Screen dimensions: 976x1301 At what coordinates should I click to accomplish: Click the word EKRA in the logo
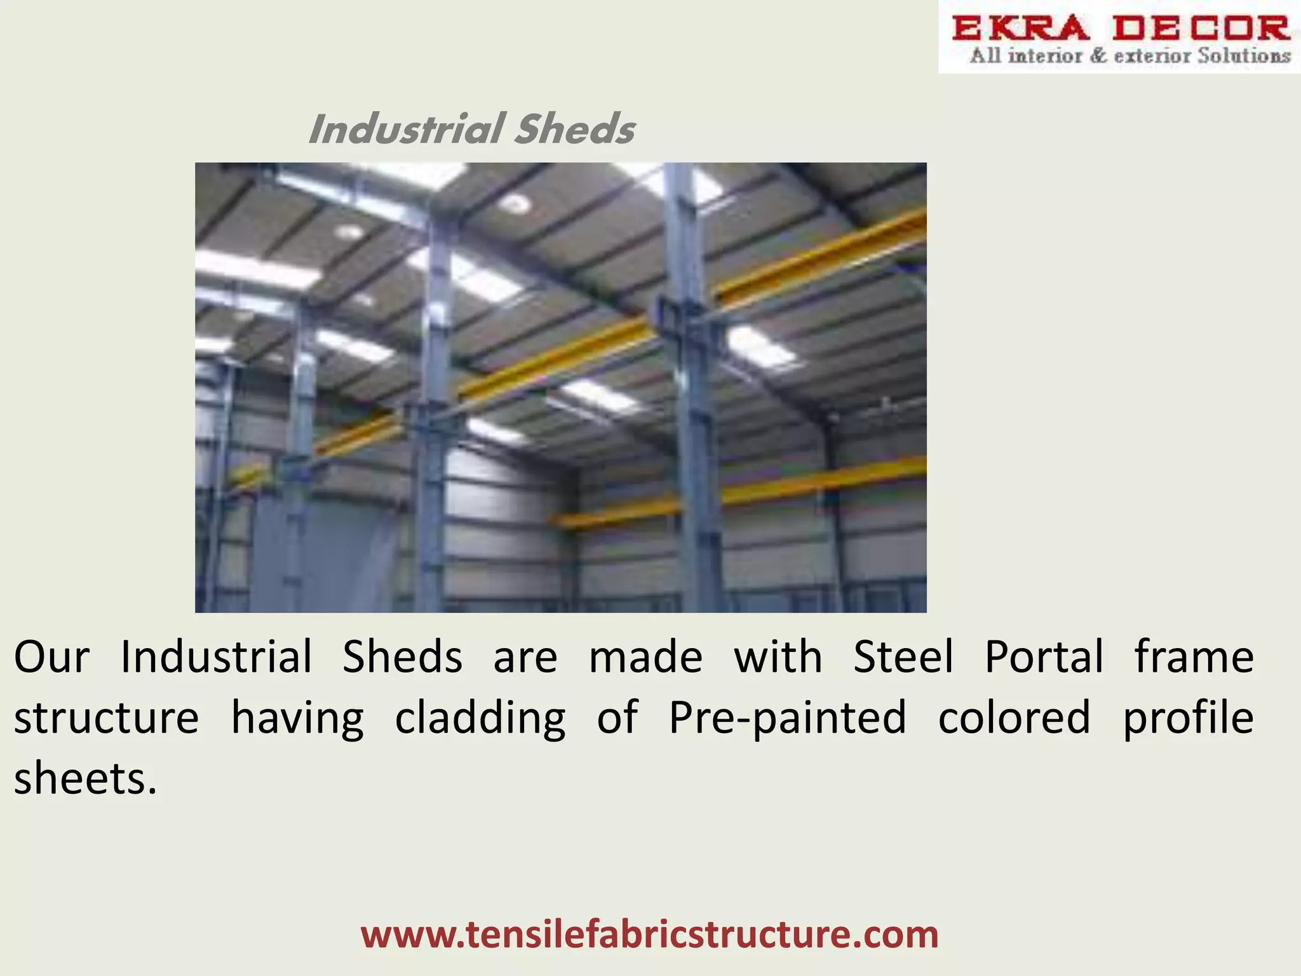click(x=1020, y=29)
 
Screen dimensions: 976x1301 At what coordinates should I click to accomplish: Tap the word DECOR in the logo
click(x=1201, y=29)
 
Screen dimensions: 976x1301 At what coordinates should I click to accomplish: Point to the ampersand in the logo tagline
click(x=1098, y=56)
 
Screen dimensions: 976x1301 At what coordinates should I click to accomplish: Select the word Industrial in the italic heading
click(x=407, y=129)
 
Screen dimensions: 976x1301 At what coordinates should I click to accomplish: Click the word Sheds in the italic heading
click(x=574, y=129)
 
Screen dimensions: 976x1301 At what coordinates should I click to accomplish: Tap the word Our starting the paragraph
click(x=51, y=657)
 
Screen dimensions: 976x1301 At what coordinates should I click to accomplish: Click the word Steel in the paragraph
click(x=903, y=657)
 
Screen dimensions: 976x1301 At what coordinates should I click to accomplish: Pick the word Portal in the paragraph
click(x=1044, y=657)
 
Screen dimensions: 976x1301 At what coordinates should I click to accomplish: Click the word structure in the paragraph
click(x=106, y=718)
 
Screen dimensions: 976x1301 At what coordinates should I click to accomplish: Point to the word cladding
click(x=480, y=718)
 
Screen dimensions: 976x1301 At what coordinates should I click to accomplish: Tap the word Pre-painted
click(x=788, y=718)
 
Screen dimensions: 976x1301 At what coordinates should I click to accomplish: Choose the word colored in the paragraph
click(x=1014, y=718)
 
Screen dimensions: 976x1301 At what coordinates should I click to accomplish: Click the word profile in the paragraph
click(x=1189, y=718)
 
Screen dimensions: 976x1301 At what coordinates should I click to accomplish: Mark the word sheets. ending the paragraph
click(x=85, y=779)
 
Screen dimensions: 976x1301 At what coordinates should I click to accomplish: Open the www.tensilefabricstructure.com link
click(x=649, y=934)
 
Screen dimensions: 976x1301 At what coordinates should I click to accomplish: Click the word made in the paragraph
click(x=645, y=657)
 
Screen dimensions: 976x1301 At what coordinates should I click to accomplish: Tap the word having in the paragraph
click(x=297, y=718)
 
